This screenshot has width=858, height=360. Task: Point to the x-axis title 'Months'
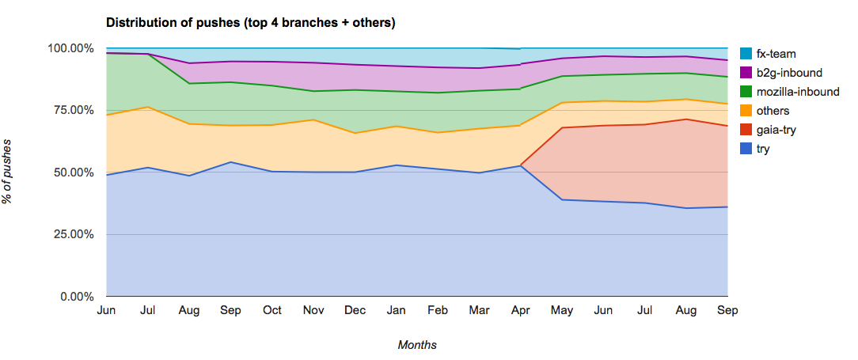417,345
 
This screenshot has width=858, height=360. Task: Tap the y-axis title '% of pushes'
9,172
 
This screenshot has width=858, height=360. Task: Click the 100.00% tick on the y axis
70,48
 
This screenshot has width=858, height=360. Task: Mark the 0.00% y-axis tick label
76,297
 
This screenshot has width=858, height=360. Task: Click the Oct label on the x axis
272,311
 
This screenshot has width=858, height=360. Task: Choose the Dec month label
355,311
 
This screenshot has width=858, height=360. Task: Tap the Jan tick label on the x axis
397,311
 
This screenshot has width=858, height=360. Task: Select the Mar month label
480,311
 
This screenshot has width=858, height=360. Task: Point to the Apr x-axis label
521,311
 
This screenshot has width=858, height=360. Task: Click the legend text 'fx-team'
776,54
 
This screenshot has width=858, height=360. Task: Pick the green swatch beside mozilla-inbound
746,92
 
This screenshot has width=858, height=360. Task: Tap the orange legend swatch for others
746,111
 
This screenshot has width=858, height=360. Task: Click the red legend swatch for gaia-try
746,130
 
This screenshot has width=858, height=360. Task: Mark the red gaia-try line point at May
562,127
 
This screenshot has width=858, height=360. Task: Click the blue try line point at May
562,199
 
